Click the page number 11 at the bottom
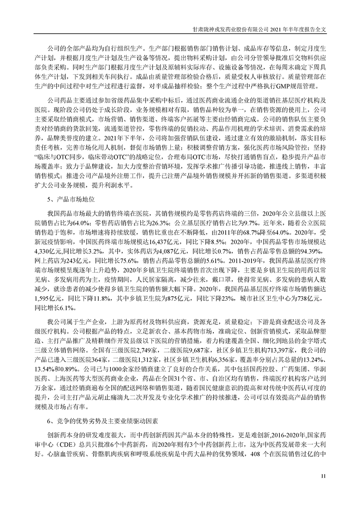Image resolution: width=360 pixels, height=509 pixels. point(323,475)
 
